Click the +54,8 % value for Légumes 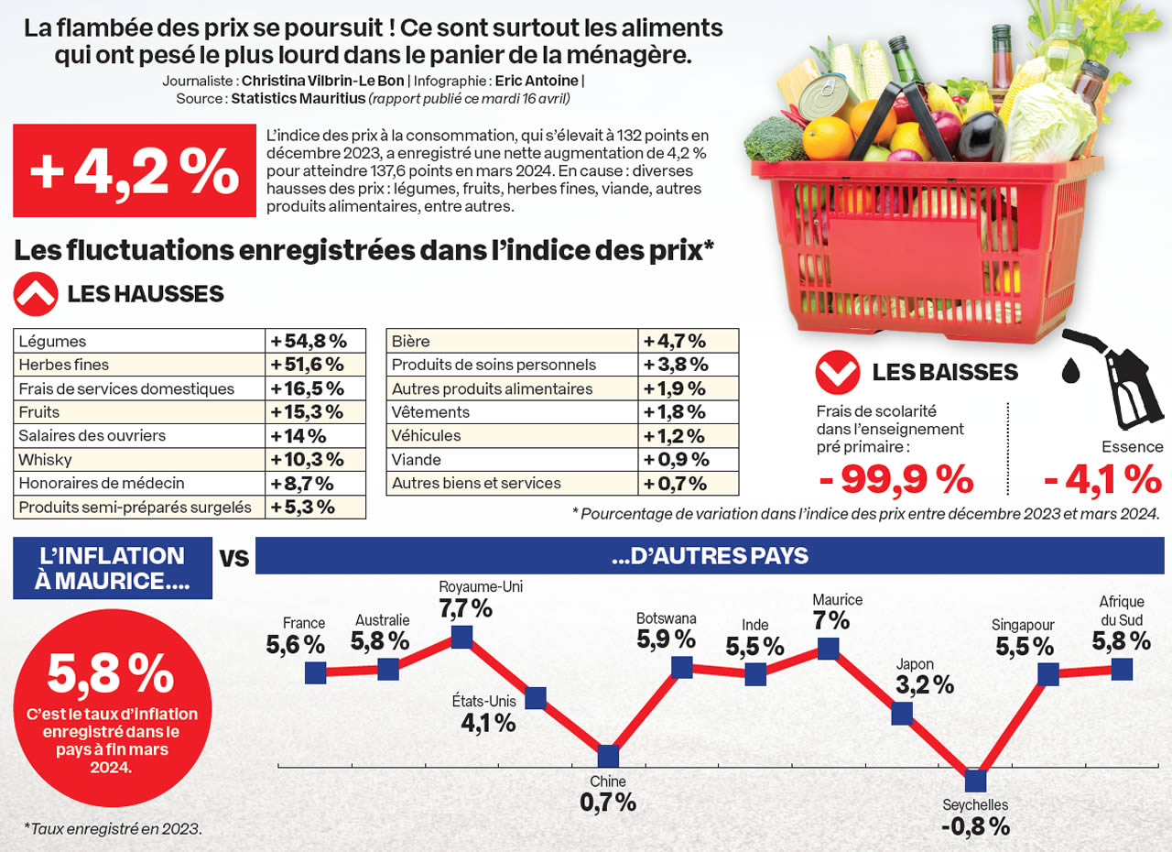coord(307,342)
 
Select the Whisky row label coord(45,460)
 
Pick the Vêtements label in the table coord(430,412)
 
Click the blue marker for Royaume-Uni coord(461,637)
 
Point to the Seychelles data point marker coord(975,781)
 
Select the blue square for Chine coord(608,757)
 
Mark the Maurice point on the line coord(828,649)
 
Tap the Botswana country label coord(667,618)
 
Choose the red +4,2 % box coord(134,171)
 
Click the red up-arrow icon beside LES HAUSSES coord(35,293)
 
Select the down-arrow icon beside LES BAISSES coord(837,372)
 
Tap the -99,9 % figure coord(895,479)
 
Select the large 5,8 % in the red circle coord(111,675)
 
